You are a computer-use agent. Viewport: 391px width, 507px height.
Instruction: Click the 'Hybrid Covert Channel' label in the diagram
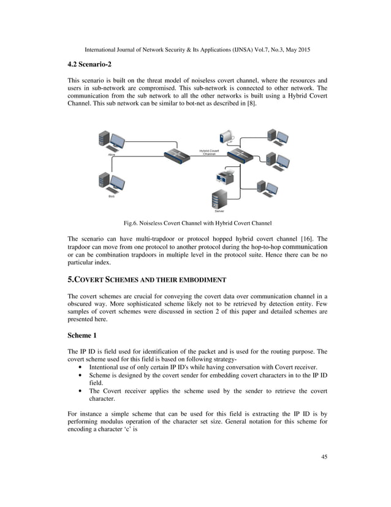click(x=209, y=152)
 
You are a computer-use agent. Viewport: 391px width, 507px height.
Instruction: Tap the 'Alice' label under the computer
click(x=112, y=155)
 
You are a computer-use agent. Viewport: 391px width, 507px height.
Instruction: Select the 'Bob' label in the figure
click(x=112, y=196)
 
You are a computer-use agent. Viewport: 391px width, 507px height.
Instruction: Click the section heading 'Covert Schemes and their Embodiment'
click(x=146, y=279)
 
